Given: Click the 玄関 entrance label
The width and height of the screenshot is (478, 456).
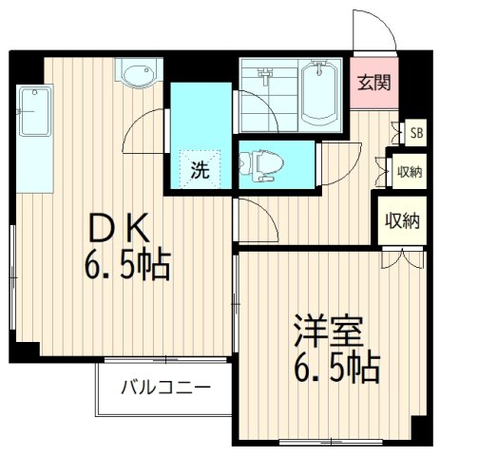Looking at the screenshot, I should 372,83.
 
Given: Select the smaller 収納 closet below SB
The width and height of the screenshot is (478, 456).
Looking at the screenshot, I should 411,172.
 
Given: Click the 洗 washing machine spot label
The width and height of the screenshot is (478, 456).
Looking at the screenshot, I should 200,172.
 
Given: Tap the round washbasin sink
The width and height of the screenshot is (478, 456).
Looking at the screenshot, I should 137,73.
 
